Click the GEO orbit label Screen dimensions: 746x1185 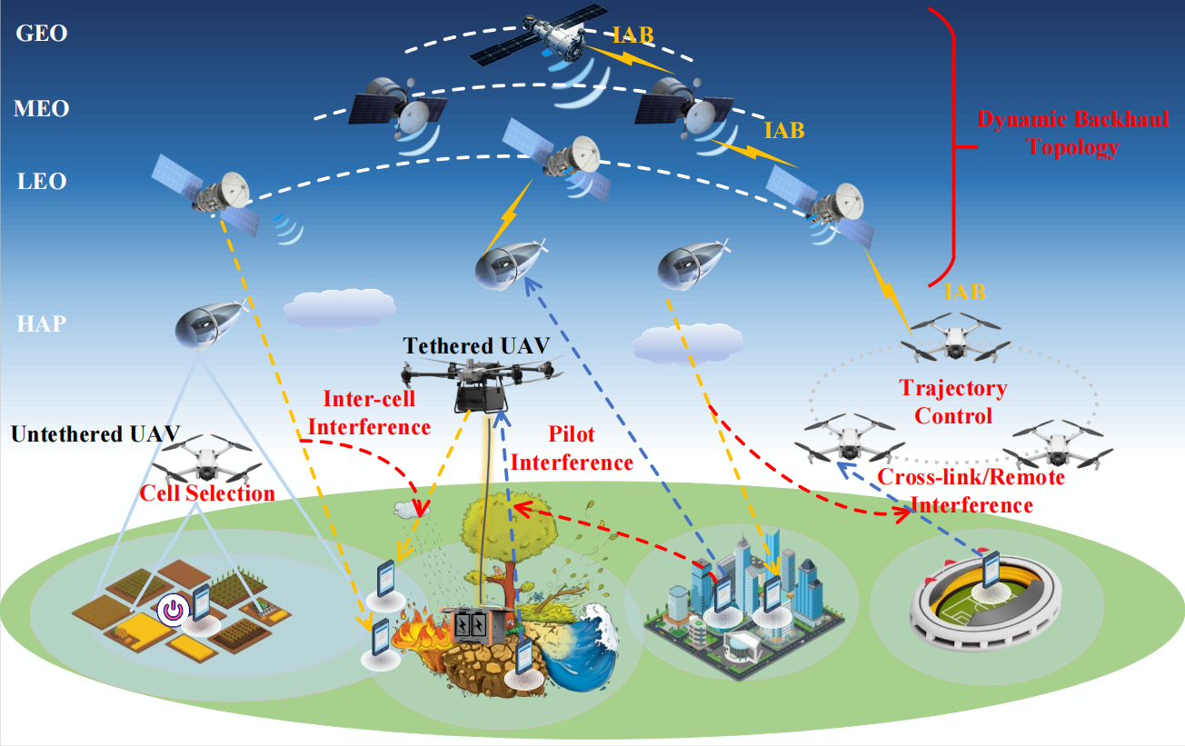[x=42, y=34]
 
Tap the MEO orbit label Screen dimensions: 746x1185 [x=42, y=109]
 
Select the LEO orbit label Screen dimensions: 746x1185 [x=42, y=182]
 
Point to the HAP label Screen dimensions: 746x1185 [x=42, y=323]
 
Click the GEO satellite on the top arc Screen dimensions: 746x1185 [x=540, y=42]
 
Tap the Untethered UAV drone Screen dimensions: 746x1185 [x=204, y=456]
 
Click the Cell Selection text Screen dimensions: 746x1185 [x=206, y=493]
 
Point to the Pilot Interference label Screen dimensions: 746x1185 [x=572, y=449]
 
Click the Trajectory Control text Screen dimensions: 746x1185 [x=953, y=402]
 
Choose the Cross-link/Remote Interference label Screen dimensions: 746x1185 [x=971, y=491]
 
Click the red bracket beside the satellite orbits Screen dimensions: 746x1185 [x=945, y=145]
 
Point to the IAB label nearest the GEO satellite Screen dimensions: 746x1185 [x=630, y=36]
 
